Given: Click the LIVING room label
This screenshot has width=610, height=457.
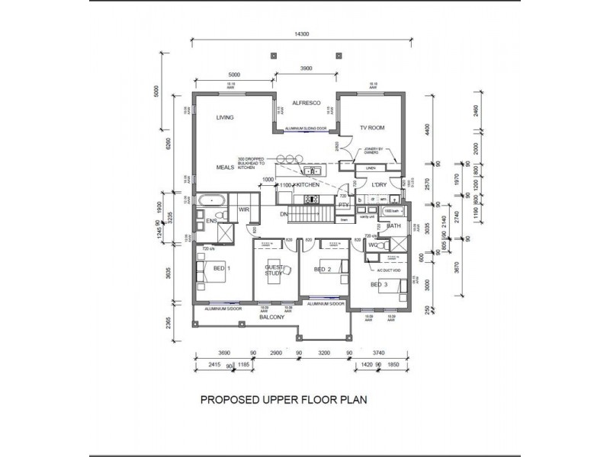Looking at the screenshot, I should tap(224, 117).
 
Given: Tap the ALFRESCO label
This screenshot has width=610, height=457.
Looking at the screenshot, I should tap(305, 102).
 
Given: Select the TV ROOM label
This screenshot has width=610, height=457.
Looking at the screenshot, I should tap(373, 128).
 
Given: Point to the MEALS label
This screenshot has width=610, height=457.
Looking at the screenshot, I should tap(224, 166).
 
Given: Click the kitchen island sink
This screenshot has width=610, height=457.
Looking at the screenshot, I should tap(311, 170).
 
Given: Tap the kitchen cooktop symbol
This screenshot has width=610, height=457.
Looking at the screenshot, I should tap(312, 200).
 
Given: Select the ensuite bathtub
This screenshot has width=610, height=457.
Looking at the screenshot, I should tap(209, 202).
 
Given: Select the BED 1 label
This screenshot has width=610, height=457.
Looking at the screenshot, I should tap(221, 269).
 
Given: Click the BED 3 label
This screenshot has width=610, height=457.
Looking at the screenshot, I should tap(379, 284).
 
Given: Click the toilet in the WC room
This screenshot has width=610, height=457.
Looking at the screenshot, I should tap(378, 246).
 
